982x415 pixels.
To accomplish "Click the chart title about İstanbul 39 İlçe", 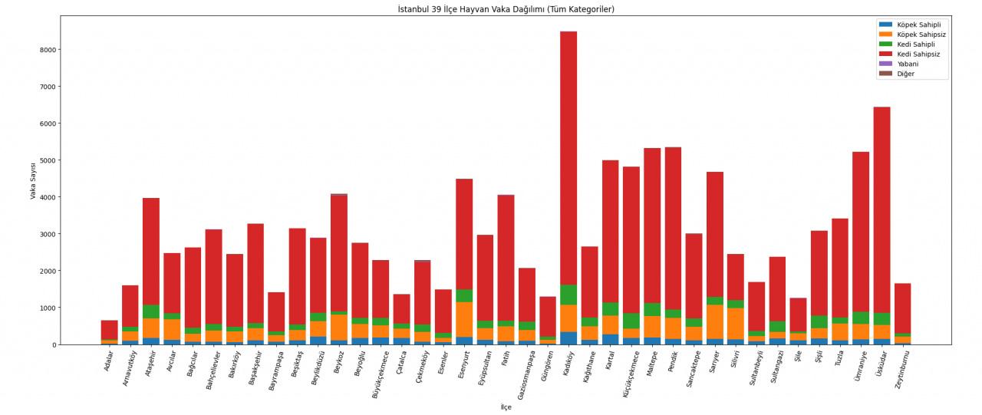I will coord(506,9).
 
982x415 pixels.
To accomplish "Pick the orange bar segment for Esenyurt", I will coord(464,319).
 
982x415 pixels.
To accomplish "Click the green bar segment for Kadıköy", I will coord(568,295).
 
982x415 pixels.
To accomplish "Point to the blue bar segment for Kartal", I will coord(611,339).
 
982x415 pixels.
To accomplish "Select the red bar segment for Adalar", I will coord(109,330).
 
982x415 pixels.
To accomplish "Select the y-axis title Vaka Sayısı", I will coord(33,181).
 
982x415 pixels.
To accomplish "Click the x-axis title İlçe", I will coord(506,407).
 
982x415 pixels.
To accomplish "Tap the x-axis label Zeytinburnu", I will coord(901,370).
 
